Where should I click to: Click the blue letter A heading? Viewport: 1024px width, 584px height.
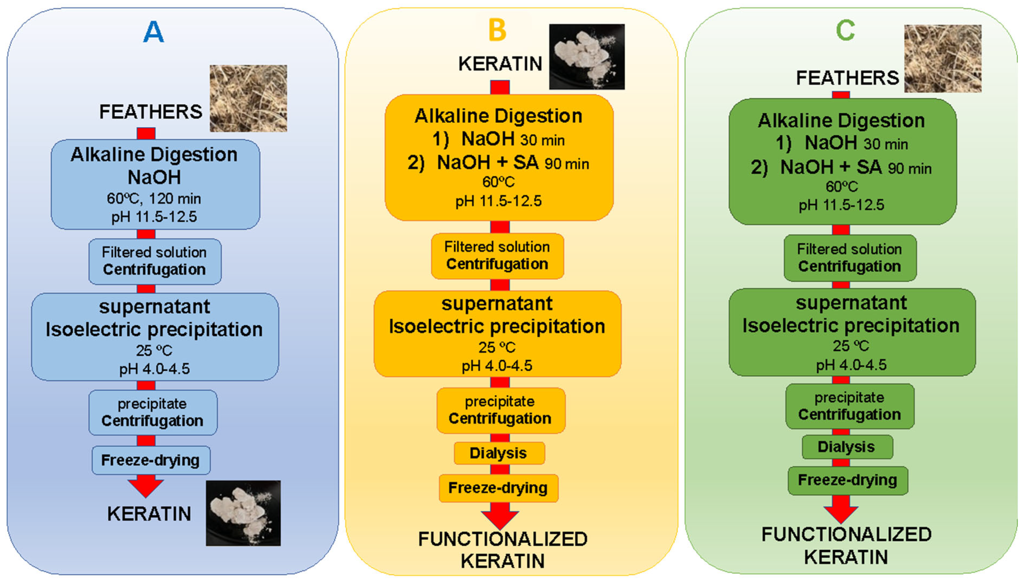coord(154,32)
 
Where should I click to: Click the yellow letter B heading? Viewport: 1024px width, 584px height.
coord(497,30)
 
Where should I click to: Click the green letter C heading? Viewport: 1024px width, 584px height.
coord(845,30)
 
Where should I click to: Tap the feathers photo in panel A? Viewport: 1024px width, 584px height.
coord(248,98)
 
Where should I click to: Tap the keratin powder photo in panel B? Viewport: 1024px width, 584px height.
coord(586,57)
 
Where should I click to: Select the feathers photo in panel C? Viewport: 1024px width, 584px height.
coord(943,59)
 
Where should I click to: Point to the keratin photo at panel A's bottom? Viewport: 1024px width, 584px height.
coord(243,513)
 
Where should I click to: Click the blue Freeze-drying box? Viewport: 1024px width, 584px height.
coord(151,460)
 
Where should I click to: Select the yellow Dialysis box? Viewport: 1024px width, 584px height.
coord(499,453)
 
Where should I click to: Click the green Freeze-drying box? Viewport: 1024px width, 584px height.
coord(847,480)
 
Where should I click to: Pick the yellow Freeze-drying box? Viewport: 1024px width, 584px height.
coord(498,488)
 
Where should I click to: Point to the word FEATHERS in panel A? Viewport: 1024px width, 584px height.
coord(151,112)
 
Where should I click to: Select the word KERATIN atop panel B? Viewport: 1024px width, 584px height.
coord(500,64)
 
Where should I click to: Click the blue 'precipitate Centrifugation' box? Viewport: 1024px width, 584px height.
coord(153,412)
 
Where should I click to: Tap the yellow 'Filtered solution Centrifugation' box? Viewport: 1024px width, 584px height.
coord(497,256)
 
